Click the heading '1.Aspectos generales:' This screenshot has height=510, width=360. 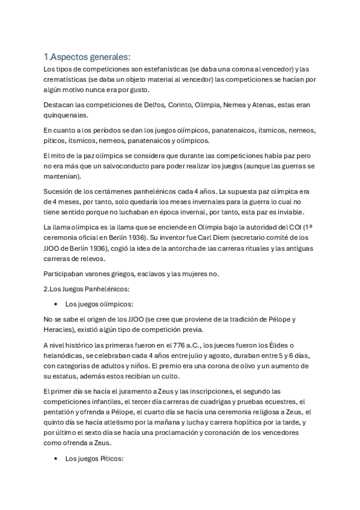coord(87,57)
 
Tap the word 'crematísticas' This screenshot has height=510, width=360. coord(66,79)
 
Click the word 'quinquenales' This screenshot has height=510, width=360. coord(66,115)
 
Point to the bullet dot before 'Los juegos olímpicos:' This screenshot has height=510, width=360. coord(56,304)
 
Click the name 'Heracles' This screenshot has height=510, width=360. coord(59,330)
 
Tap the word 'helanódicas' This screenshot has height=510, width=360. coord(65,355)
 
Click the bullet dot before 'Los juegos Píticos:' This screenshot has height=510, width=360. coord(56,458)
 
